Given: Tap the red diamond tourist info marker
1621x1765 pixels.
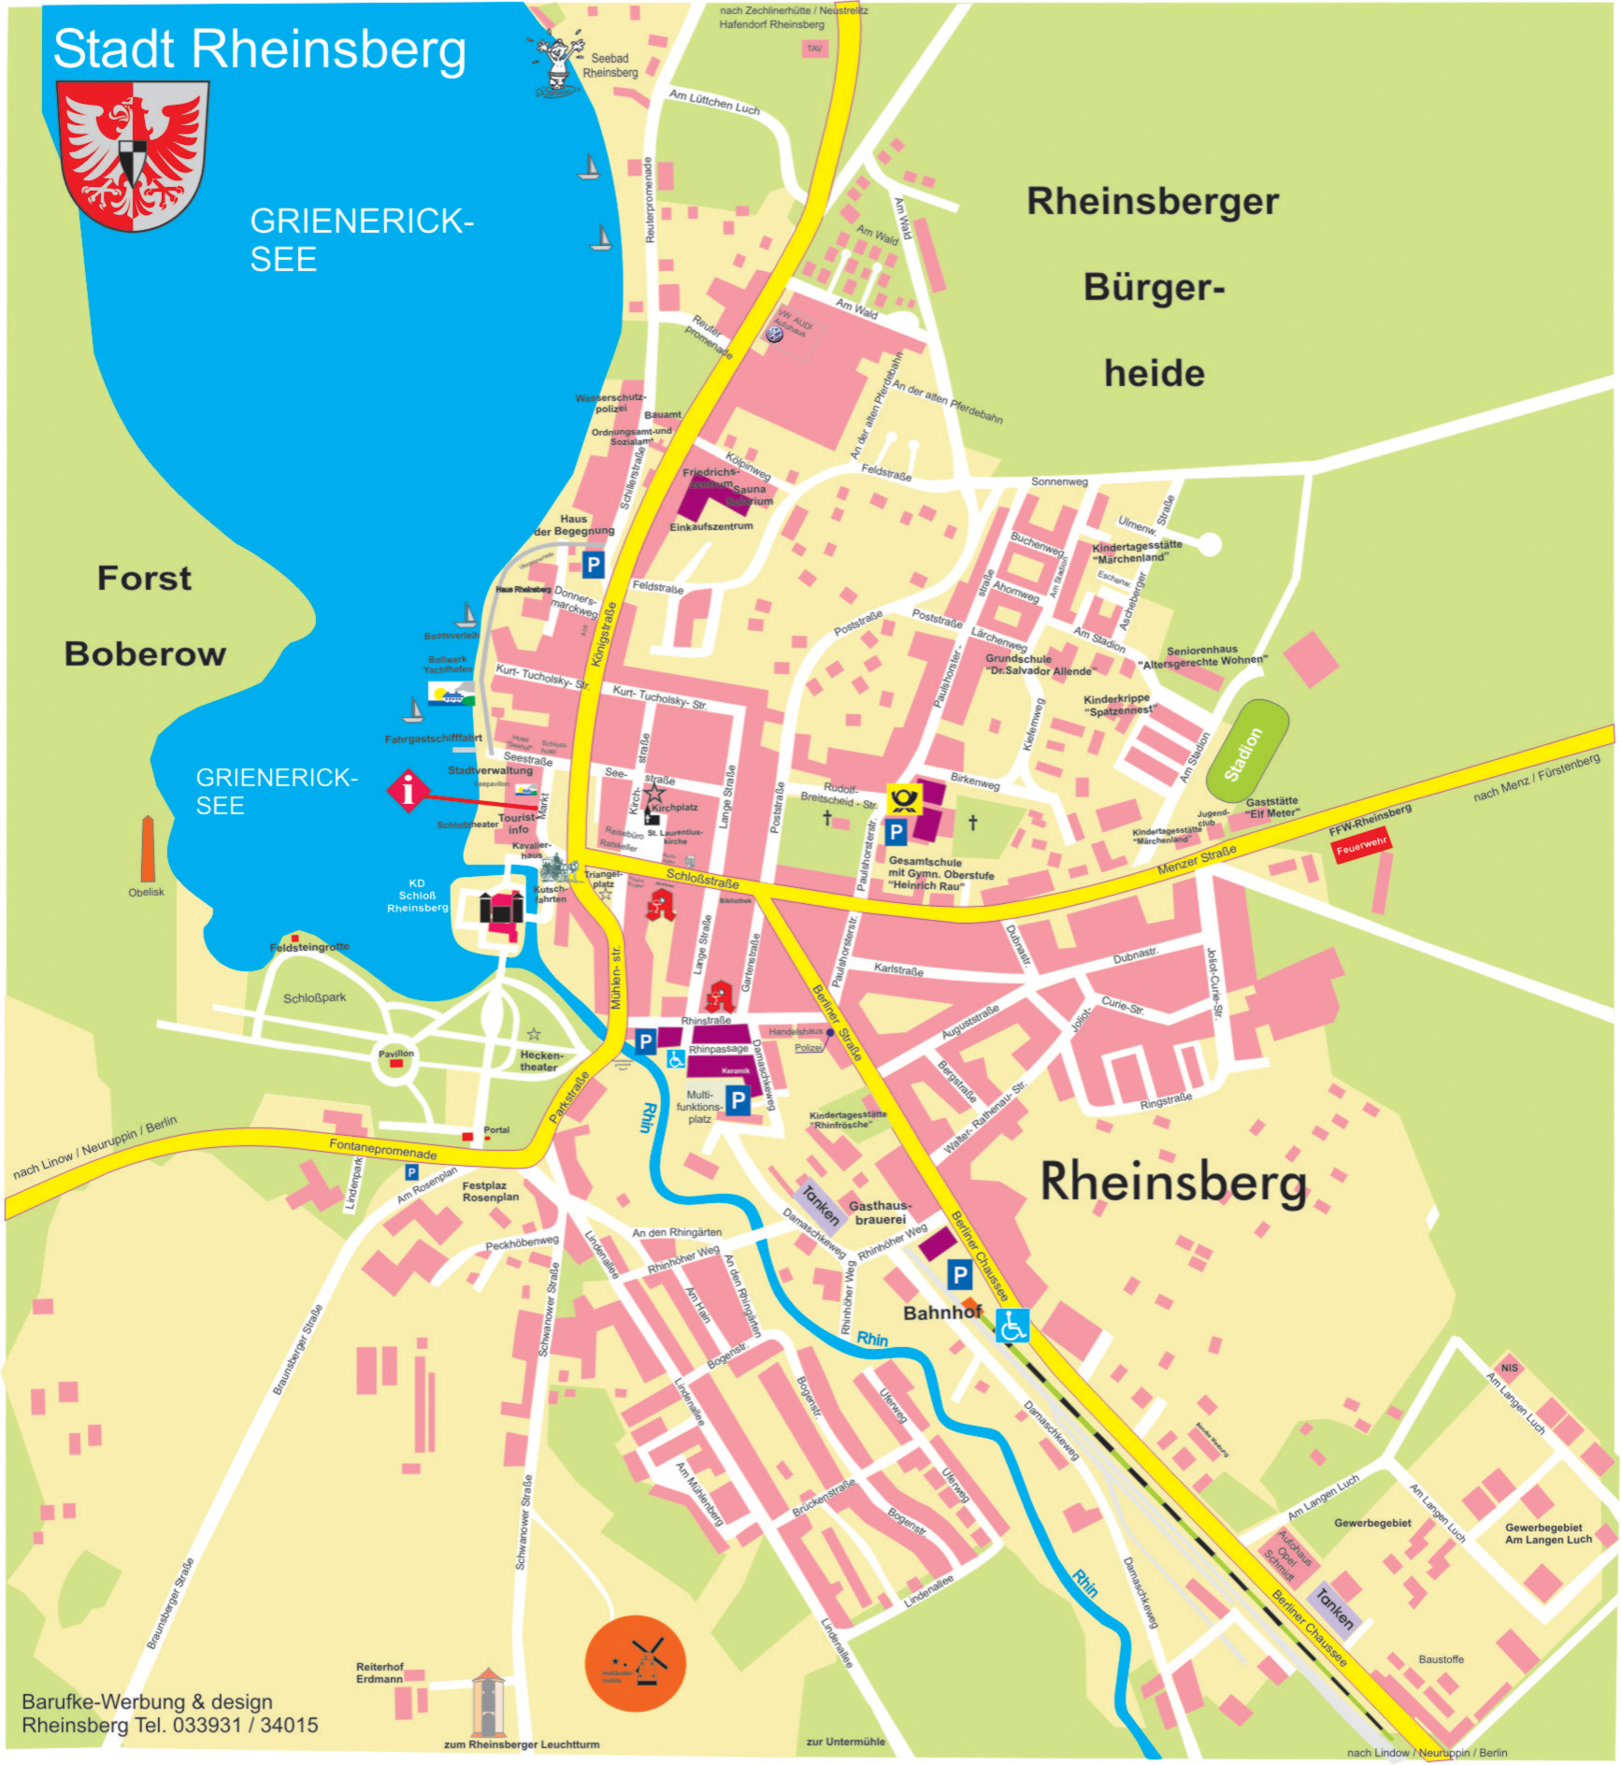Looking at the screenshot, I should tap(408, 791).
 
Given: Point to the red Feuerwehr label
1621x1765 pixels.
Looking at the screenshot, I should tap(1360, 847).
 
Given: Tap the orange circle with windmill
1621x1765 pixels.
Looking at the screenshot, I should tap(635, 1663).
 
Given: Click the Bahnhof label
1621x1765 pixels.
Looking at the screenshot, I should tap(941, 1313).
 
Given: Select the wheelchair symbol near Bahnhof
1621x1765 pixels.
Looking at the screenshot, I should tap(1011, 1325).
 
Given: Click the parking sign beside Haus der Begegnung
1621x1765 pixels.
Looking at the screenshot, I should tap(593, 565).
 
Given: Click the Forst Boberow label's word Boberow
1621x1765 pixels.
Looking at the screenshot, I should tap(145, 653).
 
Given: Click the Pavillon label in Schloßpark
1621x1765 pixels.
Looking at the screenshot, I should tap(395, 1054).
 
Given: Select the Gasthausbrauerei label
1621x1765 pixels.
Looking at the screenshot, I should tap(880, 1212).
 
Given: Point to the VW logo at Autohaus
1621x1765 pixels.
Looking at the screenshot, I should tap(774, 333).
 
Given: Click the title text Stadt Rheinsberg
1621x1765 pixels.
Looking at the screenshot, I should tap(259, 49).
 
